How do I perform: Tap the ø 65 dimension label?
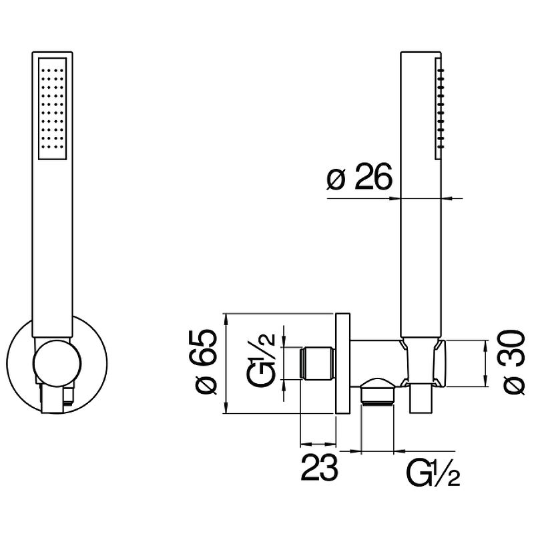click(207, 364)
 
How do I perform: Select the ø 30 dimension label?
click(513, 364)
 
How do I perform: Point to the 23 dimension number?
click(319, 469)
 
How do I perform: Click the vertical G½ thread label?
click(262, 364)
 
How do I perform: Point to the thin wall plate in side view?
click(343, 364)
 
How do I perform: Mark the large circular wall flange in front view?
click(20, 364)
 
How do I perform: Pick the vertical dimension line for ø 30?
click(485, 364)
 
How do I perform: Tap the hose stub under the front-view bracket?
click(53, 400)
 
